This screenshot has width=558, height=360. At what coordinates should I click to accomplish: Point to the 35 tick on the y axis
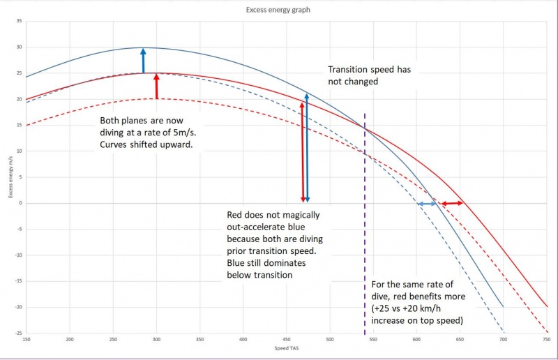coord(20,22)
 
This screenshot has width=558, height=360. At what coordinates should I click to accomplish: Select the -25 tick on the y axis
coord(19,333)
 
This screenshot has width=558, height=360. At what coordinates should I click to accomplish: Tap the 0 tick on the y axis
coord(22,203)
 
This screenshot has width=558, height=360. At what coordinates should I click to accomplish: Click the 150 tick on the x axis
coord(27,339)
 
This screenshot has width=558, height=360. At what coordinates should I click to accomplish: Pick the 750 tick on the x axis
coord(546,339)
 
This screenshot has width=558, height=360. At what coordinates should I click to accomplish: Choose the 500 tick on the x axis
coord(330,339)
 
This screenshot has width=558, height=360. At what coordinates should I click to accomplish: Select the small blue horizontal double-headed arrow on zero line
coord(427,203)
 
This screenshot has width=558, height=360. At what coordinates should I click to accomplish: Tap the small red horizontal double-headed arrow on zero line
coord(452,203)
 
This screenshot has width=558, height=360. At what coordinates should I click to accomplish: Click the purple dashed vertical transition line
coord(364,244)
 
